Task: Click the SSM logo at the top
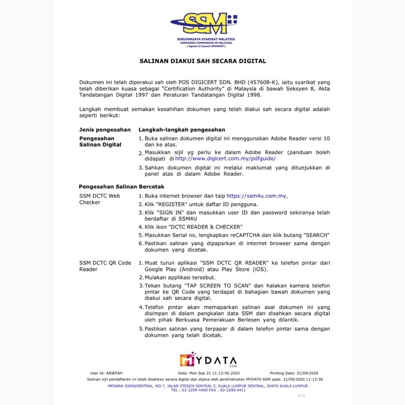[202, 23]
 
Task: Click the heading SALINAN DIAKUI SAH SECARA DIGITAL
[202, 61]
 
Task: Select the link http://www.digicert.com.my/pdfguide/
[225, 158]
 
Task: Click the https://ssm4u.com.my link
[257, 196]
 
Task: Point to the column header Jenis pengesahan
[105, 130]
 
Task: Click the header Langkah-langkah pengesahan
[182, 130]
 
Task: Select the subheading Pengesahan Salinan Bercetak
[122, 186]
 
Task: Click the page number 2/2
[301, 395]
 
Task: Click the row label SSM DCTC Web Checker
[100, 199]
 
